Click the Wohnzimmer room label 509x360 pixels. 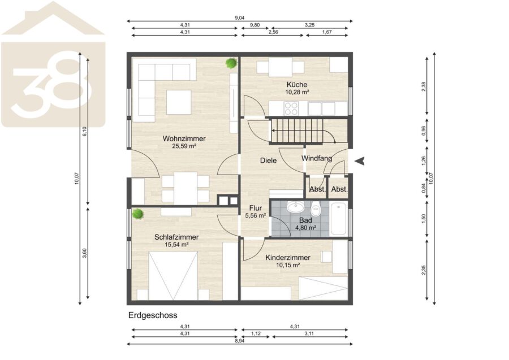(x=184, y=138)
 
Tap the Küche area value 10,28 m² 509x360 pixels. (x=297, y=92)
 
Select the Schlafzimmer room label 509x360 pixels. (x=176, y=237)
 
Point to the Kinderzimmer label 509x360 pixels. (x=288, y=258)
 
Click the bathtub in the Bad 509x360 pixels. (x=339, y=219)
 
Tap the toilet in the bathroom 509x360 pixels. (x=316, y=209)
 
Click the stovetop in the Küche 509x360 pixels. (x=291, y=109)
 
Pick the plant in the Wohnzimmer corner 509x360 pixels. (x=231, y=63)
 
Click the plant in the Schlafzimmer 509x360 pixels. (x=138, y=214)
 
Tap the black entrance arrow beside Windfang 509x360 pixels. (x=360, y=161)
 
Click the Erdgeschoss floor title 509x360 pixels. (x=153, y=315)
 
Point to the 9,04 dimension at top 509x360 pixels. (x=240, y=18)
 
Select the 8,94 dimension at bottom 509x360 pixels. (x=240, y=341)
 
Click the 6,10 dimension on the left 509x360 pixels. (x=85, y=131)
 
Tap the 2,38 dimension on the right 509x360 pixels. (x=423, y=86)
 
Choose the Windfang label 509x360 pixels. (x=317, y=158)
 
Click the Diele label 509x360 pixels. (x=269, y=160)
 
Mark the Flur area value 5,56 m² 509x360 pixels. (x=256, y=215)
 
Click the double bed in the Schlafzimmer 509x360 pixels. (x=173, y=276)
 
